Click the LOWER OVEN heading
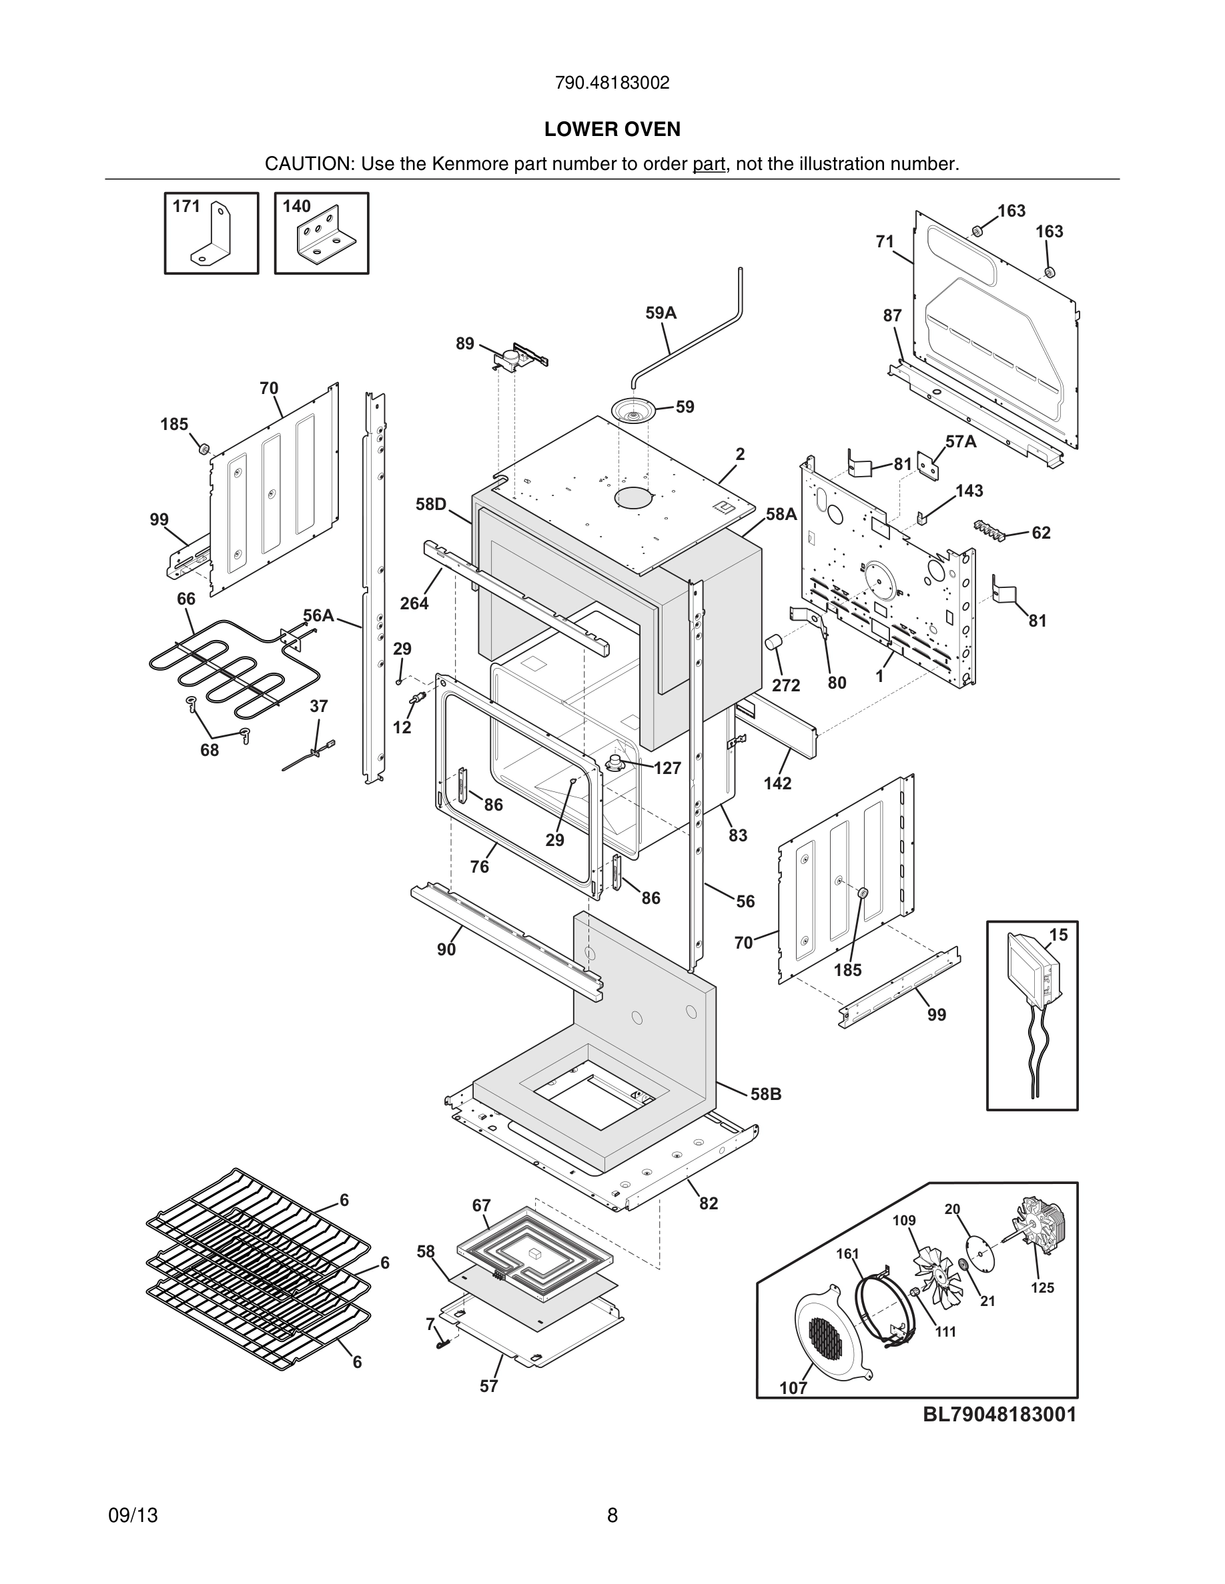[x=612, y=129]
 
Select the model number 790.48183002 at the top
[x=612, y=83]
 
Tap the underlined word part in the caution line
[x=709, y=164]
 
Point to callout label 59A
[x=661, y=313]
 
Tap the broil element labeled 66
[x=225, y=663]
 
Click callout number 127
[x=667, y=768]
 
